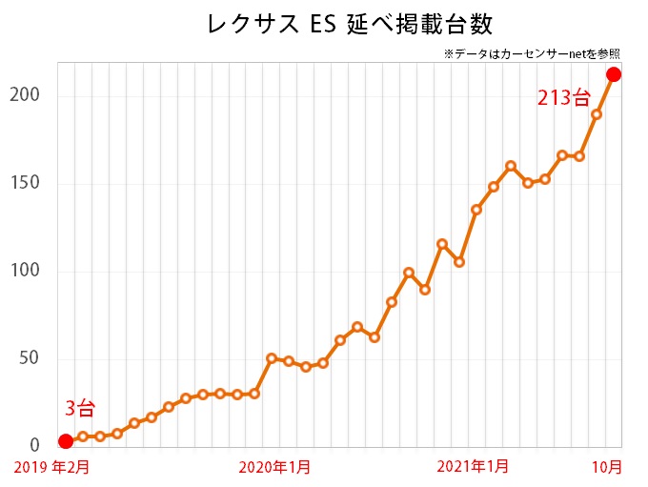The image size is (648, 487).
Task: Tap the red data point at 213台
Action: pyautogui.click(x=614, y=74)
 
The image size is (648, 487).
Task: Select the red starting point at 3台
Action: pyautogui.click(x=65, y=441)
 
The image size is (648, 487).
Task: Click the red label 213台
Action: pyautogui.click(x=563, y=97)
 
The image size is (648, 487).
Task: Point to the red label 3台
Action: pyautogui.click(x=80, y=410)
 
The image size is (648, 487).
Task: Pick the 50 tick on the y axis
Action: pyautogui.click(x=30, y=358)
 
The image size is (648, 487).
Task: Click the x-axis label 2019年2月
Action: pyautogui.click(x=56, y=467)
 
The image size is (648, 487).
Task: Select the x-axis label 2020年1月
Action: pyautogui.click(x=273, y=467)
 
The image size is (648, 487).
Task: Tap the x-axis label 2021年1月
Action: pyautogui.click(x=472, y=467)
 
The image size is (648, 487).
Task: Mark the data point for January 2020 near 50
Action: pyautogui.click(x=272, y=358)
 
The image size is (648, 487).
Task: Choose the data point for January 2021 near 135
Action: pyautogui.click(x=476, y=210)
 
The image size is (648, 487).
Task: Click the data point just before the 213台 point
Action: pyautogui.click(x=597, y=114)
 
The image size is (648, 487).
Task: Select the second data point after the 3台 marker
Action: pyautogui.click(x=100, y=436)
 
